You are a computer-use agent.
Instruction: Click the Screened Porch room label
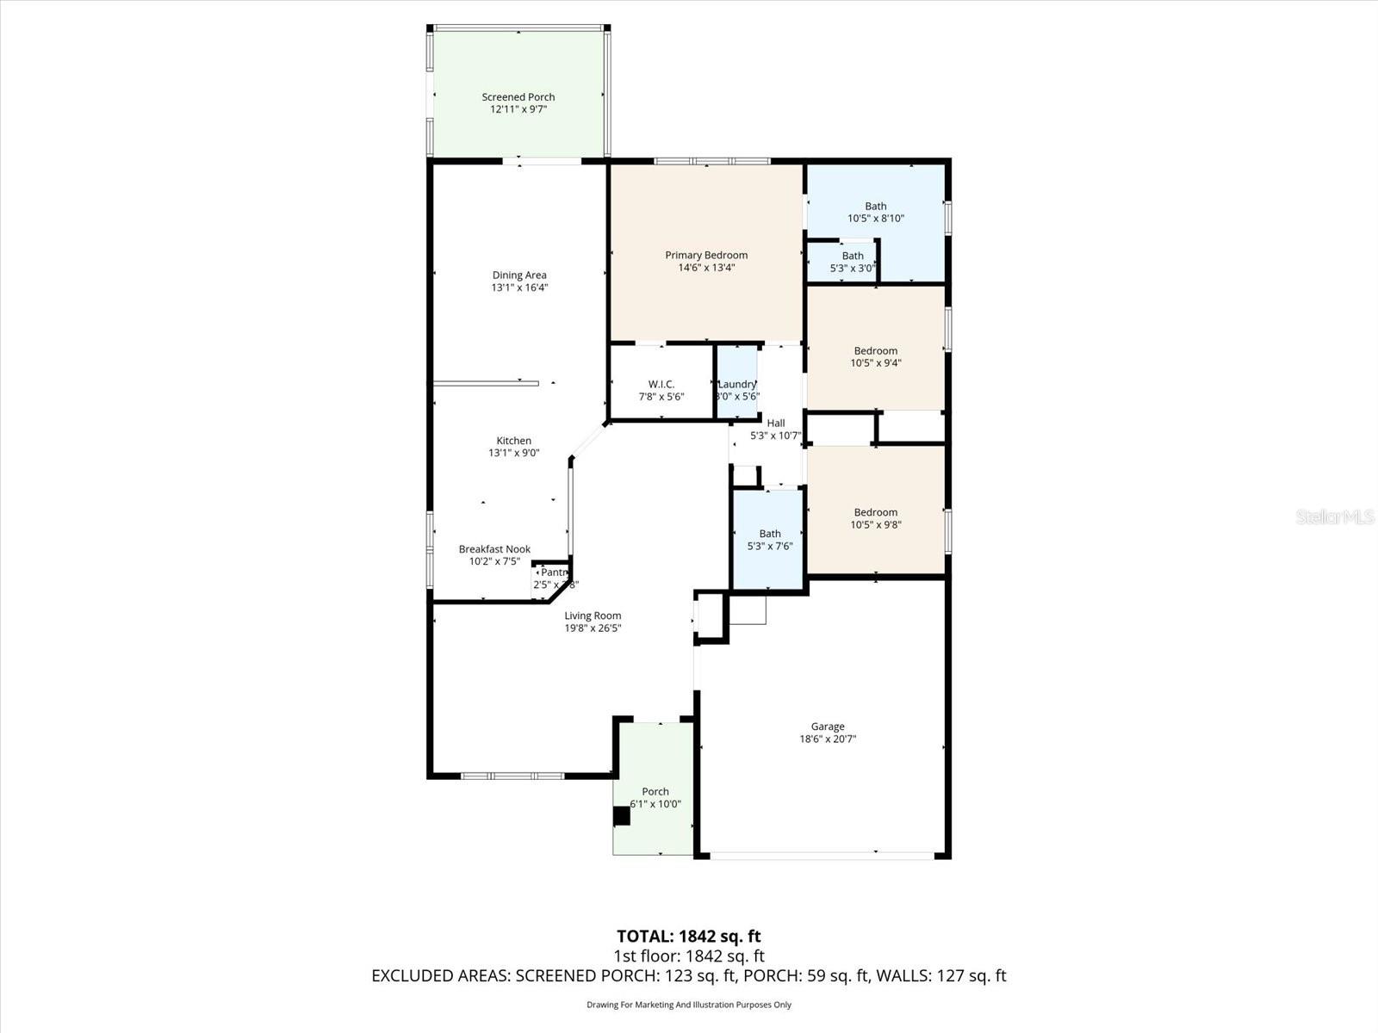tap(518, 97)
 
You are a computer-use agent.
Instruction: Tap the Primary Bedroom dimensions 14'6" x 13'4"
tap(706, 268)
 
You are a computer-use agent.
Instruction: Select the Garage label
tap(827, 727)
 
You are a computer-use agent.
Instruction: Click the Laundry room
tap(737, 384)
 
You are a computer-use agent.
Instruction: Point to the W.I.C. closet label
tap(661, 384)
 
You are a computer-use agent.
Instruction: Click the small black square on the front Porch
tap(621, 816)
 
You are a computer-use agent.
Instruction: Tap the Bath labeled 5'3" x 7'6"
tap(769, 540)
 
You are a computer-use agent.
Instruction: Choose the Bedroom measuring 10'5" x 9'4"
tap(875, 356)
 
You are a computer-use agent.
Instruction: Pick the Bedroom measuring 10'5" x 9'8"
tap(875, 518)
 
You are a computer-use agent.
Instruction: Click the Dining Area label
tap(518, 275)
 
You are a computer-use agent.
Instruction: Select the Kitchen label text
tap(513, 441)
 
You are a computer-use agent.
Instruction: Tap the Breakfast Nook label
tap(494, 549)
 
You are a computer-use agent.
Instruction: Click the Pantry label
tap(554, 572)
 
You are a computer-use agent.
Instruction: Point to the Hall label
tap(775, 424)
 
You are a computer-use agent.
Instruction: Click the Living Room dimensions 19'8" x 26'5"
tap(593, 628)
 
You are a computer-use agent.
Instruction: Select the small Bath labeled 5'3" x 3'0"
tap(852, 262)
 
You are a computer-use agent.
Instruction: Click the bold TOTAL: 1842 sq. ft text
tap(688, 936)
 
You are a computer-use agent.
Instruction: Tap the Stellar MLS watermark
tap(1334, 517)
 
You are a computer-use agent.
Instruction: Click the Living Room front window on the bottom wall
tap(512, 776)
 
